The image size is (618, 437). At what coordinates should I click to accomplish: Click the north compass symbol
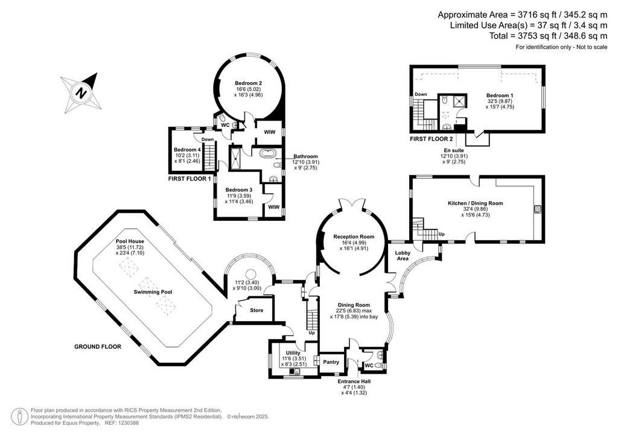80,92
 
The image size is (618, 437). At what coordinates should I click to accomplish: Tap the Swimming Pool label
153,292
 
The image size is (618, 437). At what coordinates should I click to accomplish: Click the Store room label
256,311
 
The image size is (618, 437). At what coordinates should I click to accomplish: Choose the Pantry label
330,362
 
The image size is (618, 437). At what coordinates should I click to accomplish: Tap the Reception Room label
353,237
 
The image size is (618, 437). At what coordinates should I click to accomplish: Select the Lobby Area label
403,255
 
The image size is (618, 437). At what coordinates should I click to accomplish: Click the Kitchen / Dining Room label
475,203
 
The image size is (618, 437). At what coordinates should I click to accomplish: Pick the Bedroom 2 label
248,83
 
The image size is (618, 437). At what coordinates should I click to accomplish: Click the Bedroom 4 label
187,150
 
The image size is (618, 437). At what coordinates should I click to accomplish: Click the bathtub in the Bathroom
267,154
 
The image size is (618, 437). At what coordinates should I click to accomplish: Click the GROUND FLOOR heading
98,347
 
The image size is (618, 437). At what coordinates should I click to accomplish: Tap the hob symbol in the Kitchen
535,209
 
